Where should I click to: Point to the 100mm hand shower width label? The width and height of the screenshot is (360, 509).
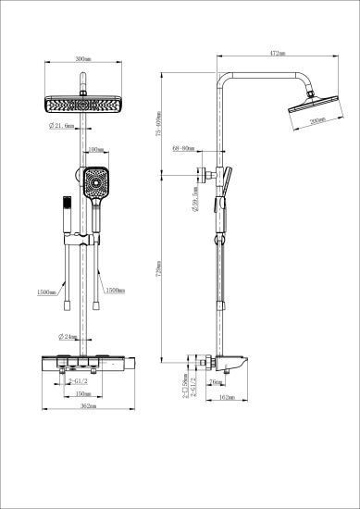[94, 150]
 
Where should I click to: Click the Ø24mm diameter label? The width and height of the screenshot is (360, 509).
[67, 336]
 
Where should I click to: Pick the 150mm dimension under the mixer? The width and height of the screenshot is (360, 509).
[82, 392]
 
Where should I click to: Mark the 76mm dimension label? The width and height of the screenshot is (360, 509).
[215, 381]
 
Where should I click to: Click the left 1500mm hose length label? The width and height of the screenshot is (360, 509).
[45, 292]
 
